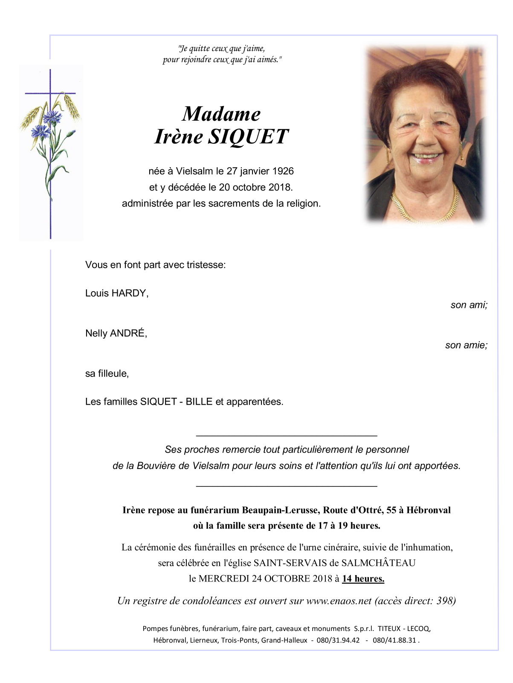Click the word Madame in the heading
coord(221,114)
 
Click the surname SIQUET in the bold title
coord(249,137)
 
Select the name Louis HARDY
coord(116,293)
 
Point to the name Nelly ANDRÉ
coord(116,333)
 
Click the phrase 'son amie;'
coord(466,345)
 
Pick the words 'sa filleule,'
coord(107,374)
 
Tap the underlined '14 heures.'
coord(363,579)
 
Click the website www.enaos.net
coord(339,601)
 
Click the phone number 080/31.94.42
coord(338,640)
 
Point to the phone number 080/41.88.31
coord(394,640)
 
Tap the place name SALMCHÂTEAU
coord(378,563)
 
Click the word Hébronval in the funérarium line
coord(428,510)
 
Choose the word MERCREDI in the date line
coord(224,579)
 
